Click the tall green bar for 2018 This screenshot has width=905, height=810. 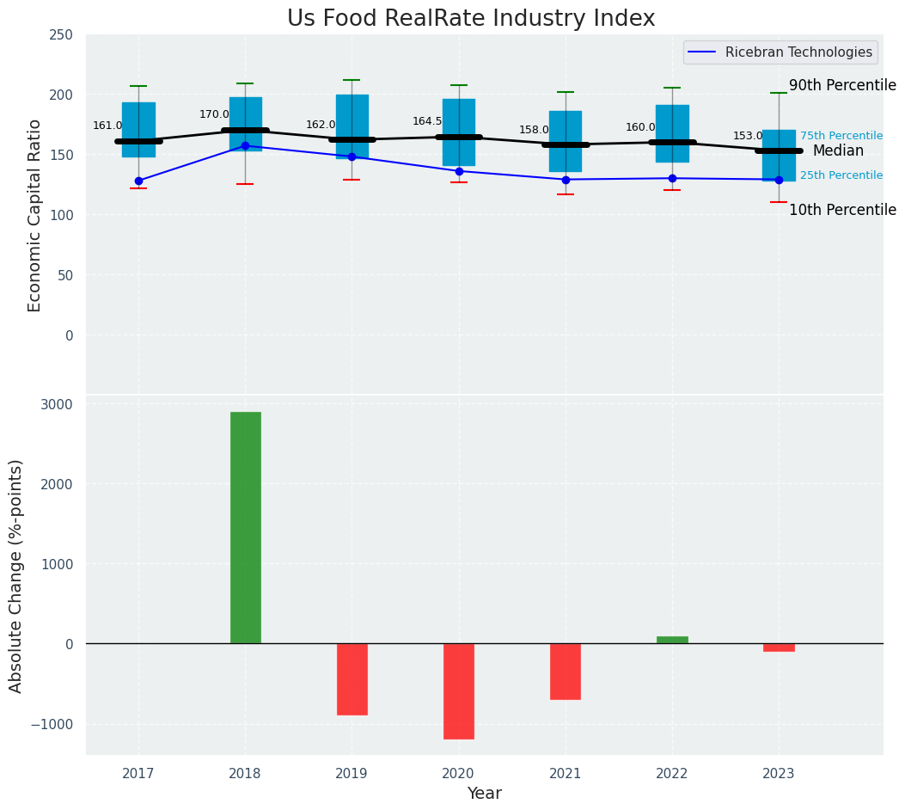point(245,527)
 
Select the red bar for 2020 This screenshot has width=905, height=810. point(458,690)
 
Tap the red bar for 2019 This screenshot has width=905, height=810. point(352,678)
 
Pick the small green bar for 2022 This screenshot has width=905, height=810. point(672,640)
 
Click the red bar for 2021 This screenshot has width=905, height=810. point(566,671)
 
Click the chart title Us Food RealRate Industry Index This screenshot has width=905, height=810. point(471,19)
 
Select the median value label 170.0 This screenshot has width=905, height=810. point(214,114)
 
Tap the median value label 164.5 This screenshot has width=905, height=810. point(427,121)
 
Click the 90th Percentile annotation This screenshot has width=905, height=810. point(842,85)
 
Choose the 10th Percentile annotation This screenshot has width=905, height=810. point(842,210)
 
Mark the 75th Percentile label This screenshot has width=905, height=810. point(841,136)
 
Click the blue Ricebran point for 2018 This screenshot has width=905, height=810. point(245,146)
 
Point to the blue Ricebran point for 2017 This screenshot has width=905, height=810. point(138,181)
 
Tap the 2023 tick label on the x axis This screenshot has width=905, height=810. point(779,774)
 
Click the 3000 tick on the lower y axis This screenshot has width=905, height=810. point(58,404)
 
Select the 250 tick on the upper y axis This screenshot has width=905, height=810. point(62,34)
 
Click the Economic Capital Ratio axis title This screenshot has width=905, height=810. point(35,215)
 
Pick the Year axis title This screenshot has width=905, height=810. point(484,794)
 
